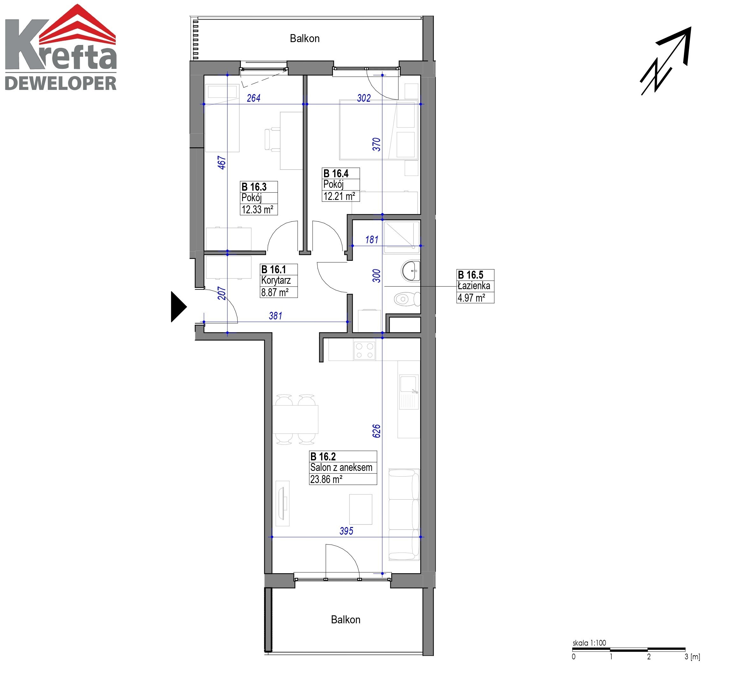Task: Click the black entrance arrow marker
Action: tap(178, 307)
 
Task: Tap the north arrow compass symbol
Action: tap(666, 61)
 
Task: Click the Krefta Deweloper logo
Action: tap(61, 48)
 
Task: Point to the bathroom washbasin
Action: tap(411, 271)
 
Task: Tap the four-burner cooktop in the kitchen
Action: tap(364, 350)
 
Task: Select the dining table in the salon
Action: tap(295, 420)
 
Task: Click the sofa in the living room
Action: tap(404, 515)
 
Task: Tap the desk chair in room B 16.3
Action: tap(272, 139)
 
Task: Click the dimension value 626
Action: tap(377, 431)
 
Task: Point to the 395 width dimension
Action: tap(346, 531)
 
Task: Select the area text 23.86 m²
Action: tap(326, 479)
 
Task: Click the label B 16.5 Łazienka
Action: tap(474, 280)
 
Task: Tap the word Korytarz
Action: tap(276, 281)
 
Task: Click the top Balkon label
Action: tap(305, 38)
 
